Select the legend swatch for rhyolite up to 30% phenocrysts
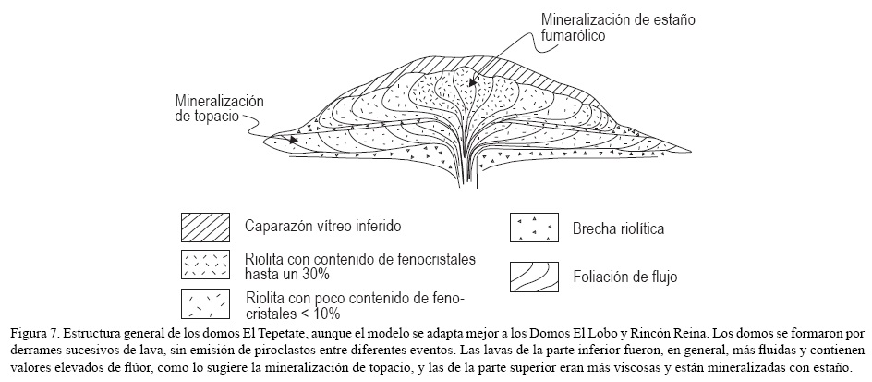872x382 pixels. pos(205,265)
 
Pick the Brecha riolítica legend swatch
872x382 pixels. pos(535,228)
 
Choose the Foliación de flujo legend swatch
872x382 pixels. pos(535,274)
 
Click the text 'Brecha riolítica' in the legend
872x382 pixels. pos(620,228)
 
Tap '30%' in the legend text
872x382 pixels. pos(318,276)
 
